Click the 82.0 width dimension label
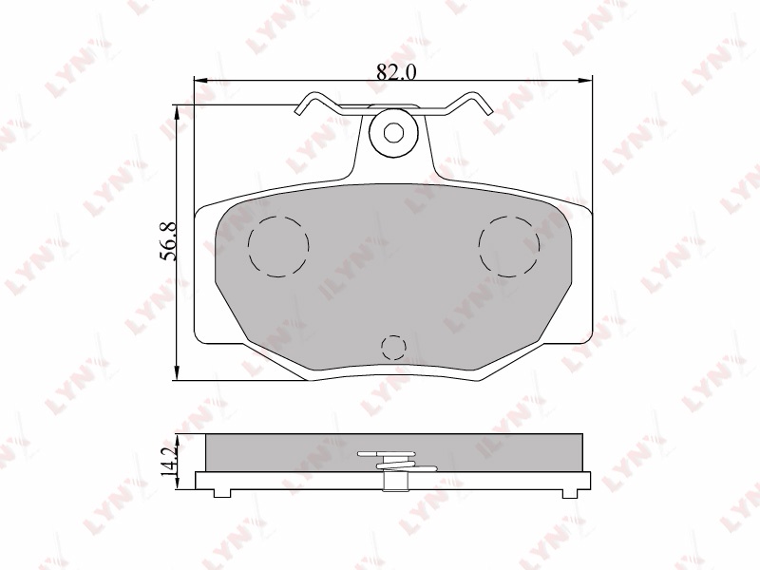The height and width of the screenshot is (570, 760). point(396,72)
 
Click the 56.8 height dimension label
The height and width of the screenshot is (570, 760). point(169,242)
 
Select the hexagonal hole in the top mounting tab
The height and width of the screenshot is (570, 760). point(392,132)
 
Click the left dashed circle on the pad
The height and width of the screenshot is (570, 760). point(278,246)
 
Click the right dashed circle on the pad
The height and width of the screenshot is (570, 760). point(509,246)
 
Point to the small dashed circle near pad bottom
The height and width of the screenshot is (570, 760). point(393,348)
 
